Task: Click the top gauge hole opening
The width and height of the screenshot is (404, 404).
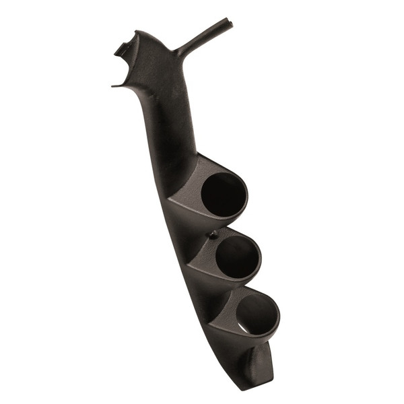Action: click(223, 195)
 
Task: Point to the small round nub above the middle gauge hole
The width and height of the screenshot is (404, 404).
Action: click(213, 235)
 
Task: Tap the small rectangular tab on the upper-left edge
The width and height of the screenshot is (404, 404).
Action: click(122, 48)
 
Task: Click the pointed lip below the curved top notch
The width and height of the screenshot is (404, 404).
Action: click(115, 85)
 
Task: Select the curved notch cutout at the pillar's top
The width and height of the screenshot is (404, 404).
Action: click(126, 67)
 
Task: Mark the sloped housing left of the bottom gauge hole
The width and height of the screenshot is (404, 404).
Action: click(219, 316)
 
